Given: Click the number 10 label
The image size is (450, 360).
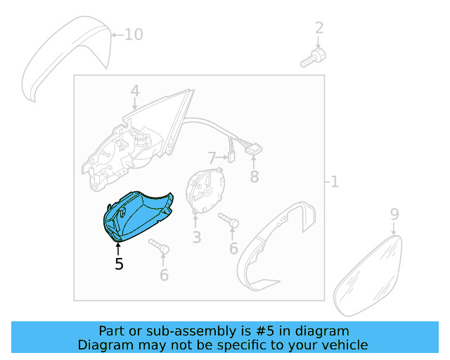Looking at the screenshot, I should click(x=133, y=34).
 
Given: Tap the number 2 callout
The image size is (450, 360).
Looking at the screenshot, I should click(x=319, y=28).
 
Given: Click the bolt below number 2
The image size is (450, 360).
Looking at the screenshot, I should click(x=311, y=58).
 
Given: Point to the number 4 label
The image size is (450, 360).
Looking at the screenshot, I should click(x=134, y=91).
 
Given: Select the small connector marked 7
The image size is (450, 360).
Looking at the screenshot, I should click(x=229, y=157).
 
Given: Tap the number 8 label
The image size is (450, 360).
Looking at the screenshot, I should click(x=254, y=176).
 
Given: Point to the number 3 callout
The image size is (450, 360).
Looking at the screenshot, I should click(x=197, y=238).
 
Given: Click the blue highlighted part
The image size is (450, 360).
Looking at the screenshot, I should click(x=137, y=215).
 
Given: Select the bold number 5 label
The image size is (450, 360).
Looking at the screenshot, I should click(x=119, y=264).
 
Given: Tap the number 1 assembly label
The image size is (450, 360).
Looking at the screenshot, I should click(x=334, y=182).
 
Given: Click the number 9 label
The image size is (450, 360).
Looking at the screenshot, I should click(x=394, y=214).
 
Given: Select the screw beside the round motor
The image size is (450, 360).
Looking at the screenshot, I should click(x=229, y=221).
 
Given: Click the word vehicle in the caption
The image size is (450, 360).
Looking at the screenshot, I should click(x=342, y=345).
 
